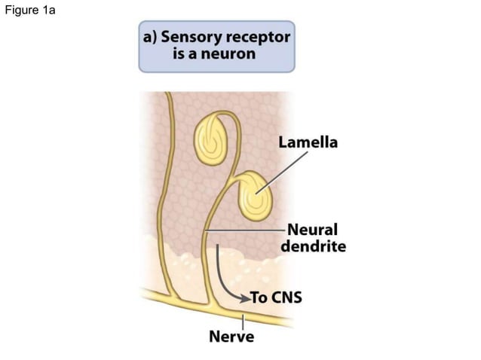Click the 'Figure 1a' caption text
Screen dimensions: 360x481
click(28, 10)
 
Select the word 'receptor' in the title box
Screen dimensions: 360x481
click(258, 38)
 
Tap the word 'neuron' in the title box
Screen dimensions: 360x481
click(230, 55)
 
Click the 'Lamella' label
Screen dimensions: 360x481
click(308, 142)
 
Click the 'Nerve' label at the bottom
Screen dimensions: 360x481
click(231, 336)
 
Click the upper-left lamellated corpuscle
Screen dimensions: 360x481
click(209, 137)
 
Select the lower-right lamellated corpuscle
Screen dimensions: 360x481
click(256, 198)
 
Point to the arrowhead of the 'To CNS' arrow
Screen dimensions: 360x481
click(243, 297)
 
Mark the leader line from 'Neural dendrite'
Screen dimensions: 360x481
click(245, 230)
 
